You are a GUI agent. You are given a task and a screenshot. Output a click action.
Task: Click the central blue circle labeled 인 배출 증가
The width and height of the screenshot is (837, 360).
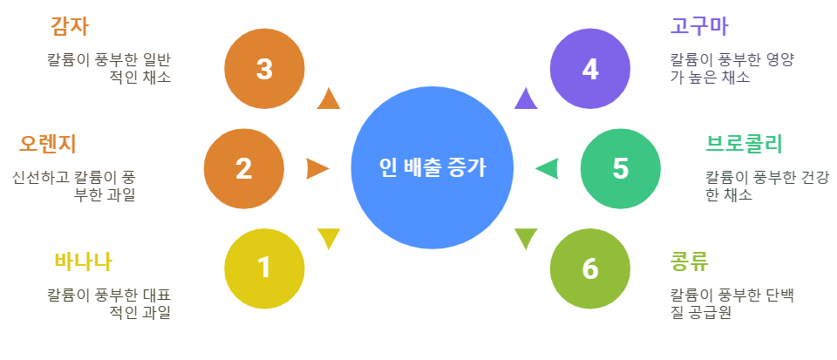point(432,168)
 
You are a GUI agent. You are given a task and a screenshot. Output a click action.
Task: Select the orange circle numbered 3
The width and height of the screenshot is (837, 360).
point(264,69)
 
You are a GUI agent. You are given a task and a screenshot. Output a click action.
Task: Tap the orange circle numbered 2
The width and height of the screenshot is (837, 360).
point(244,168)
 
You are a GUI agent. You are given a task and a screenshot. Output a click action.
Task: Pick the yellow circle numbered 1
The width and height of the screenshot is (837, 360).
point(264,268)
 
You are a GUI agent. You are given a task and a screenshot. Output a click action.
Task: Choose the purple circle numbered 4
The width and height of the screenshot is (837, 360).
point(590,69)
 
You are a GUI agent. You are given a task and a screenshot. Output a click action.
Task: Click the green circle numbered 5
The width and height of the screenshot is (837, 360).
point(621,168)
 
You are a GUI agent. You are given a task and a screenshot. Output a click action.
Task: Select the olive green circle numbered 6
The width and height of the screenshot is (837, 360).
point(590,268)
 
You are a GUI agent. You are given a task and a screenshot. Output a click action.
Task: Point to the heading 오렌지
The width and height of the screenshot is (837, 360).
point(49,143)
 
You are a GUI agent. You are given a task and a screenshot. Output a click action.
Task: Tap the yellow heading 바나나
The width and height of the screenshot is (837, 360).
point(83,261)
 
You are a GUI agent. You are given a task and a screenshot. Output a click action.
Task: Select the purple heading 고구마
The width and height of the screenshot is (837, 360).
point(699,26)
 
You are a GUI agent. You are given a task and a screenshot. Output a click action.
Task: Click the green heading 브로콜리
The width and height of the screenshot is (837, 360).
point(744,143)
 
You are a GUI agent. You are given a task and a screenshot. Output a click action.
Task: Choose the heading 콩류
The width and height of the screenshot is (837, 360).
point(689,261)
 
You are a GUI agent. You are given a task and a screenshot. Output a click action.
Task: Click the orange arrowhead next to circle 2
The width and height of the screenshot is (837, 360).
point(316,168)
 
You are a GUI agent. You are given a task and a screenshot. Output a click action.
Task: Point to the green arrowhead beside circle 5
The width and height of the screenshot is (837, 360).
point(548,168)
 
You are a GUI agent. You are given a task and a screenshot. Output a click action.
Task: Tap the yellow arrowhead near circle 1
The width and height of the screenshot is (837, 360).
point(329,237)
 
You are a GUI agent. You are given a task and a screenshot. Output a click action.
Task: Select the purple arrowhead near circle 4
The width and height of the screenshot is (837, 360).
point(525,99)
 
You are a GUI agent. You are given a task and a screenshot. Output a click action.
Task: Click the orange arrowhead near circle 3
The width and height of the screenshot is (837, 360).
point(329,99)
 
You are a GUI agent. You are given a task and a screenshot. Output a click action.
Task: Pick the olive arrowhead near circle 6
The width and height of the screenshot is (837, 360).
point(526,237)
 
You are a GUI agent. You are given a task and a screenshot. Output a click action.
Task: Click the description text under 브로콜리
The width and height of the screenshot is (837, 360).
point(766,186)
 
